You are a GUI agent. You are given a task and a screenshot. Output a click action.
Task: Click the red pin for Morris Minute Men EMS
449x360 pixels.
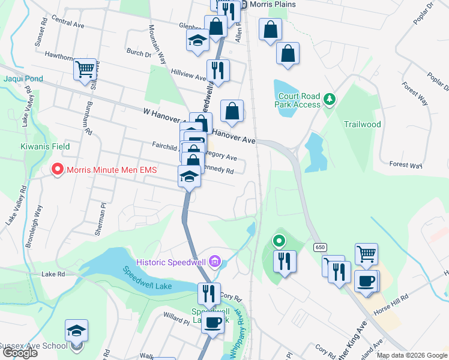(58, 170)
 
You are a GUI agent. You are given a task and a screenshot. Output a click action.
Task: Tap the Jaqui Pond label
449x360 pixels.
(23, 79)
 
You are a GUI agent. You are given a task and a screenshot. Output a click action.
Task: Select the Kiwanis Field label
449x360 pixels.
(43, 146)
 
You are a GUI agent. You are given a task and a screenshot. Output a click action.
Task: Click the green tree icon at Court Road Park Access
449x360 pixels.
(329, 98)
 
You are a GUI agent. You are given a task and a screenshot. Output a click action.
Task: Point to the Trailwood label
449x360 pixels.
(362, 125)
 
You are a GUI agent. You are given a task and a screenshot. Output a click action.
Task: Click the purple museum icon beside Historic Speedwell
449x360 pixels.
(216, 261)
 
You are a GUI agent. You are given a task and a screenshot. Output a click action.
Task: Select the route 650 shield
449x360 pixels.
(318, 247)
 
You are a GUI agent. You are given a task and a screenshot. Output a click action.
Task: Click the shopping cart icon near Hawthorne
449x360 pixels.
(85, 69)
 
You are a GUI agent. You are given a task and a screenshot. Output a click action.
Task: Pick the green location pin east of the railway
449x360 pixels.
(279, 242)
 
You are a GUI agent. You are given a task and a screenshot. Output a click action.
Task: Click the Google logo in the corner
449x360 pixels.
(20, 353)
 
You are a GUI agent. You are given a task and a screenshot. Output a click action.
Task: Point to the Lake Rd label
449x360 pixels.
(53, 274)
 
